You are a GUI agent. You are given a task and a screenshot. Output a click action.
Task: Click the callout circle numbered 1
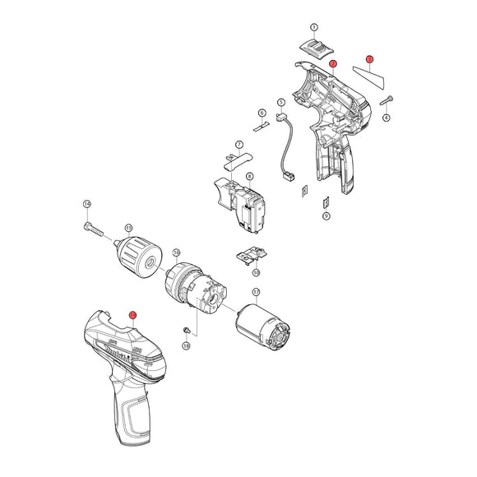click(313, 29)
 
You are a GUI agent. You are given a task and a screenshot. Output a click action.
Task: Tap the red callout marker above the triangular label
click(369, 59)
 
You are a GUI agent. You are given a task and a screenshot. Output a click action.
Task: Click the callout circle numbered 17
click(256, 292)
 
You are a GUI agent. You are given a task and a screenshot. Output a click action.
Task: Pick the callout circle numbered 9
click(326, 215)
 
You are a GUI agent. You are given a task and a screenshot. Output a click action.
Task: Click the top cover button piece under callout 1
click(313, 47)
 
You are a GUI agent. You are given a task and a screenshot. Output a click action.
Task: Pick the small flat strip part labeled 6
click(261, 126)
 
